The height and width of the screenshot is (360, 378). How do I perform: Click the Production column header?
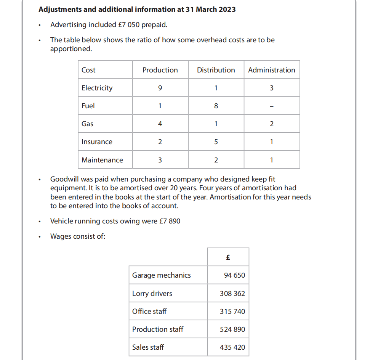(x=160, y=70)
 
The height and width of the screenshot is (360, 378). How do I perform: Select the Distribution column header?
(x=216, y=70)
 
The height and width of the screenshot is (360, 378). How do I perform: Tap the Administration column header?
(x=271, y=70)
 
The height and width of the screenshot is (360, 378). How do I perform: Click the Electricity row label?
(x=97, y=88)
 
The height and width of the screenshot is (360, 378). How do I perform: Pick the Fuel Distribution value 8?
(x=216, y=106)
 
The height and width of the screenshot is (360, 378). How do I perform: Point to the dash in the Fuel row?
(x=271, y=106)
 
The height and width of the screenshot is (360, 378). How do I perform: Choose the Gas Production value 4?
(x=160, y=124)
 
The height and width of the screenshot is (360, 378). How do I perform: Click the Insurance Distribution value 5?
(x=216, y=142)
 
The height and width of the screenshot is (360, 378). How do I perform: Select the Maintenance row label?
(x=102, y=160)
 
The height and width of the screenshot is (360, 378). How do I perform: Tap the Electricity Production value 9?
(x=160, y=88)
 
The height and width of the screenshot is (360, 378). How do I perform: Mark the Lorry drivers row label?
(x=152, y=294)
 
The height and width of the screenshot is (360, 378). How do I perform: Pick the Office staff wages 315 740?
(x=232, y=312)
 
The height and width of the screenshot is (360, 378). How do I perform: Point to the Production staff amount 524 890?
(x=232, y=329)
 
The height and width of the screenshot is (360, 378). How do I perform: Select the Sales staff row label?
(x=148, y=347)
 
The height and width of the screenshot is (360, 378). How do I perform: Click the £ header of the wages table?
(x=228, y=257)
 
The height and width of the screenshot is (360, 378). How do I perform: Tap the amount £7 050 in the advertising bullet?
(x=128, y=25)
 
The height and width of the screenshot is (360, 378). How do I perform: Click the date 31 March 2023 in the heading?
(x=211, y=9)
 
